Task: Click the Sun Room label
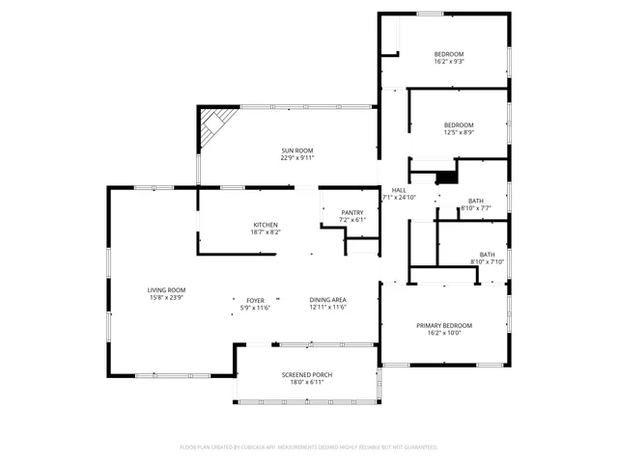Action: (x=297, y=150)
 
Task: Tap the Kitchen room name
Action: (x=266, y=225)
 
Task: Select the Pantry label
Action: (x=352, y=212)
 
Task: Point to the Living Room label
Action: (x=166, y=290)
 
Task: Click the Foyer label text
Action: (x=255, y=300)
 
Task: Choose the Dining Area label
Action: (x=328, y=300)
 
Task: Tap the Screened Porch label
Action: (x=302, y=374)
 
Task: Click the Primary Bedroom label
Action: (x=444, y=326)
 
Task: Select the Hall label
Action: (x=399, y=190)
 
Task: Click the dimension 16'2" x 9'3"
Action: (x=449, y=62)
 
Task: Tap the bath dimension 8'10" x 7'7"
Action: (x=476, y=207)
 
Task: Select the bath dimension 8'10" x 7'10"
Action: (x=487, y=261)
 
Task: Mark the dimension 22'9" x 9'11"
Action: (x=297, y=157)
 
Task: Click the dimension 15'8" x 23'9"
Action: (x=166, y=298)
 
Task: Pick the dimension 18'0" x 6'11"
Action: (x=302, y=382)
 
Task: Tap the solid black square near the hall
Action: (x=446, y=177)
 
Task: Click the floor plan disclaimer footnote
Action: (x=309, y=448)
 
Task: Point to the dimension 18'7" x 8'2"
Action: (x=266, y=232)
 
